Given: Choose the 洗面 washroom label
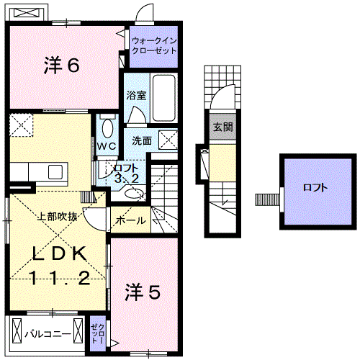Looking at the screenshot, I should (141, 140).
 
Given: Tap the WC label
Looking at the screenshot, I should (107, 145).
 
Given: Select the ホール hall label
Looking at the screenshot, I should (130, 220).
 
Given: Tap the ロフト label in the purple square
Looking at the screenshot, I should (314, 188).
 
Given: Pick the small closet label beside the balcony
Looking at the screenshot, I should (97, 334).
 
